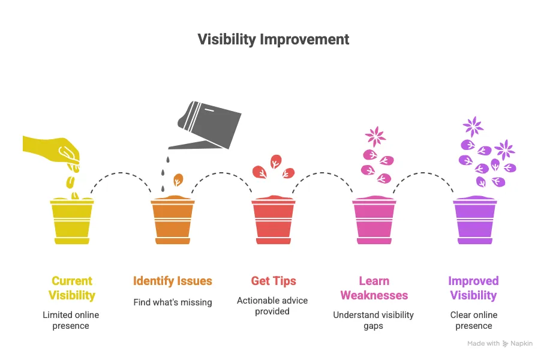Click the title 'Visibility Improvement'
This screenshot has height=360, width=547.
tap(273, 40)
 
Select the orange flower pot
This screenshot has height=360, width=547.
tap(173, 220)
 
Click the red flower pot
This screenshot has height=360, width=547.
tap(273, 220)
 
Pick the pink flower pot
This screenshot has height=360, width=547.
tap(374, 220)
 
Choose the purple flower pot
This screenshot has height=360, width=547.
tap(475, 220)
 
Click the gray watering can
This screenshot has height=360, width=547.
tap(205, 125)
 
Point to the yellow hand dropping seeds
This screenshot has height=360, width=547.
tap(52, 152)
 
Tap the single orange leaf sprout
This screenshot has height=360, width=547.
tap(178, 179)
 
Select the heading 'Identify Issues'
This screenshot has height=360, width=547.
tap(173, 281)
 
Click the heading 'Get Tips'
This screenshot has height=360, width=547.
tap(273, 281)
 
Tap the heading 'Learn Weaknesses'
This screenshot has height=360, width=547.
tap(374, 288)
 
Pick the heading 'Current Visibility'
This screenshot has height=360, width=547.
tap(72, 288)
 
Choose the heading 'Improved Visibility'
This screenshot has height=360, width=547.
tap(473, 288)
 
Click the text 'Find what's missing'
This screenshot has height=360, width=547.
tap(173, 302)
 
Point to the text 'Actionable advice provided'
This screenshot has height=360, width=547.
tap(272, 306)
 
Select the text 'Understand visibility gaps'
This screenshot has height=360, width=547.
tap(373, 320)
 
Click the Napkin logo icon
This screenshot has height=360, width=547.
tap(505, 344)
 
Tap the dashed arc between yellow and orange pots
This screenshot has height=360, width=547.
tap(121, 173)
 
